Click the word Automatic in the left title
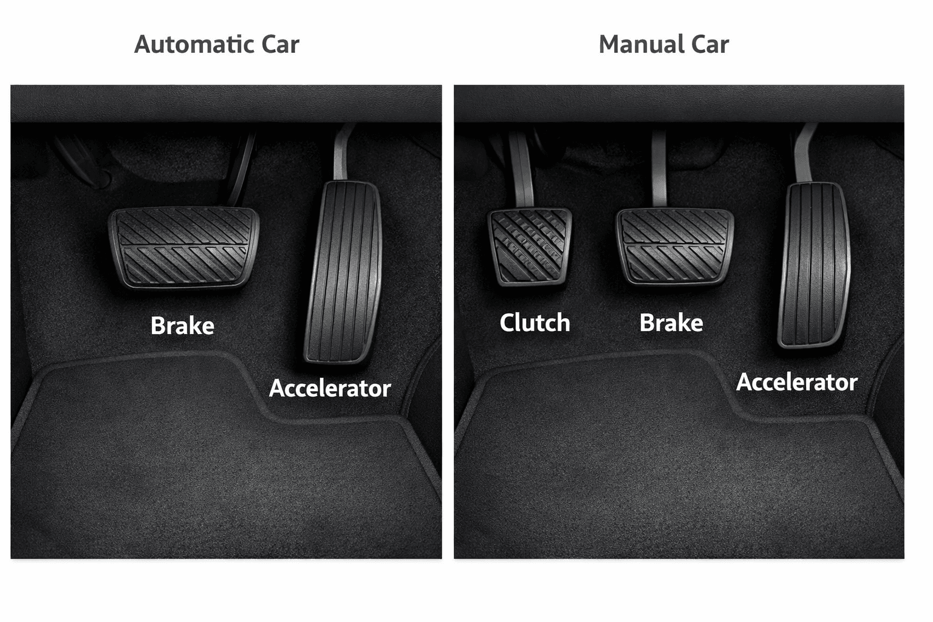pos(194,44)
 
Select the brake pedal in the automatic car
pos(183,247)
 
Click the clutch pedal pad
pos(530,247)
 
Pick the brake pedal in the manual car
pos(674,246)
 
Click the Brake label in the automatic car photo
pos(182,326)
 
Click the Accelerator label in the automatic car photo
pos(330,388)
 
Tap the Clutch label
pos(535,323)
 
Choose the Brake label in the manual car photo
pos(671,323)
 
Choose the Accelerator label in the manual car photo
pos(796,382)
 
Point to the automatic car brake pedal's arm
pos(240,173)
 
